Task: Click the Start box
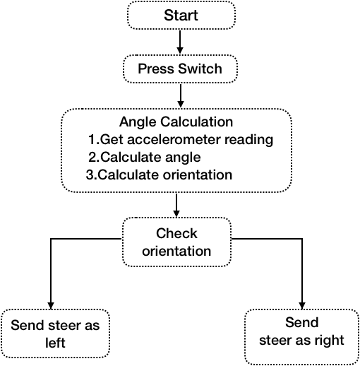coord(181,16)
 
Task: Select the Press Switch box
coord(180,69)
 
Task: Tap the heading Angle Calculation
coord(176,122)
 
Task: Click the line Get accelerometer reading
coord(181,140)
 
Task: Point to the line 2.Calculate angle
coord(145,158)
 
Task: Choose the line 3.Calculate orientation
coord(159,175)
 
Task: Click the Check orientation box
coord(176,242)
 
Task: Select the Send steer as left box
coord(55,333)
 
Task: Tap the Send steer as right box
coord(302,337)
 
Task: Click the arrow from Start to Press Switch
coord(180,42)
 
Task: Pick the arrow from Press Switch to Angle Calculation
coord(181,95)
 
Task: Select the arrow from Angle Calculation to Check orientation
coord(176,205)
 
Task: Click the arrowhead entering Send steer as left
coord(51,306)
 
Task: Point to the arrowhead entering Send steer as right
coord(302,306)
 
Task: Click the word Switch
coord(200,69)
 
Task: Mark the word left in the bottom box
coord(55,343)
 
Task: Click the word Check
coord(176,233)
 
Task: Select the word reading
coord(249,140)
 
